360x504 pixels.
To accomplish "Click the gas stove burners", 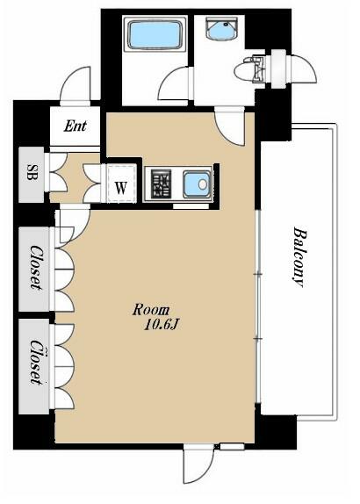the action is pyautogui.click(x=162, y=184).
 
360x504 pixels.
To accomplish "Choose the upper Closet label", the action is pyautogui.click(x=36, y=268).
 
